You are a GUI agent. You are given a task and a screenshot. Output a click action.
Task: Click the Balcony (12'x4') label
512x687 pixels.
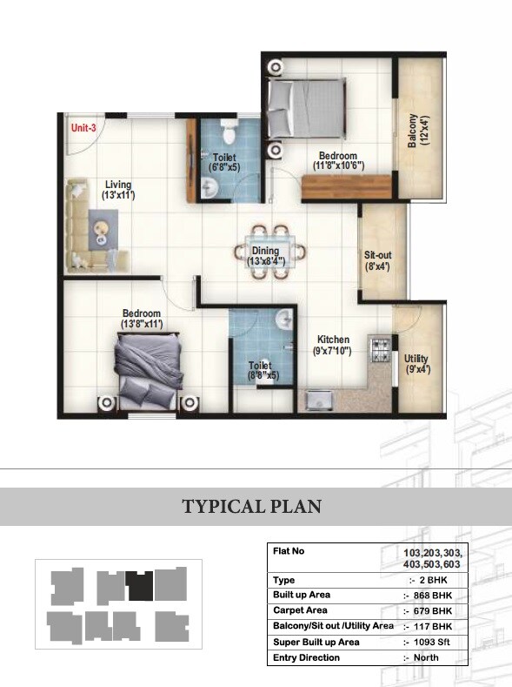click(419, 131)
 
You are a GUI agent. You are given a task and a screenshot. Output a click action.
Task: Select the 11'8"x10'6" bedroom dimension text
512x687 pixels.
click(338, 165)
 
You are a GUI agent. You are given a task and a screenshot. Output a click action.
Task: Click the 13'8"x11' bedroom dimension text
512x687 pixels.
click(142, 324)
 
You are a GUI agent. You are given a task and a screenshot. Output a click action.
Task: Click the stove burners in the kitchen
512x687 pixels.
click(380, 347)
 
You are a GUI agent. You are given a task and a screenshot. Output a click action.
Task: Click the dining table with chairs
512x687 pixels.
click(271, 253)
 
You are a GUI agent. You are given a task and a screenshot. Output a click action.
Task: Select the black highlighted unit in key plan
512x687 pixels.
click(138, 585)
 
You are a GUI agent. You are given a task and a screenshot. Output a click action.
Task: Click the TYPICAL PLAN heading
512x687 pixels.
click(251, 507)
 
